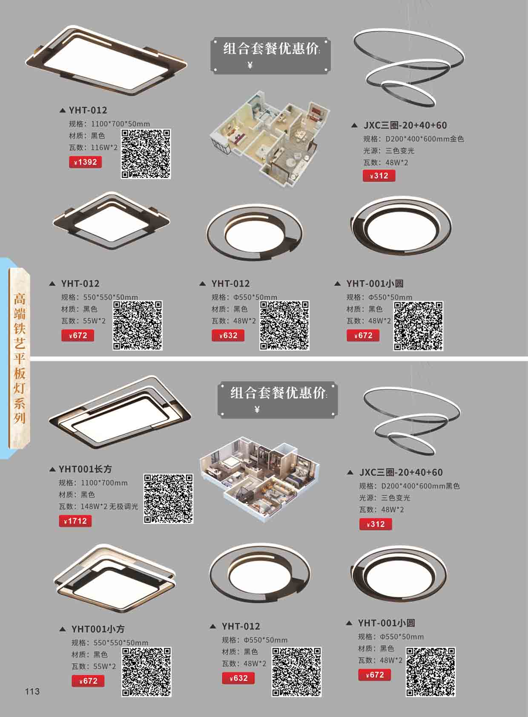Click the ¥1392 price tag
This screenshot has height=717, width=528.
pos(86,162)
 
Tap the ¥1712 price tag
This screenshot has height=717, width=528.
pos(75,521)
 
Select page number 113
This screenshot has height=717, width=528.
pos(32,691)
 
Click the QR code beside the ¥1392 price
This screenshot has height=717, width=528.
pos(146,154)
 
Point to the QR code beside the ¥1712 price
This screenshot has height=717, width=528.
pos(168,499)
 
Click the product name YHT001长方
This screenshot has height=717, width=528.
pos(85,469)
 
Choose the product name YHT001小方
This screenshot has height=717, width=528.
pos(98,629)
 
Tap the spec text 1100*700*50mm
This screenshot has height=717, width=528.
pos(120,124)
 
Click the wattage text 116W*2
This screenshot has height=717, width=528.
pos(104,147)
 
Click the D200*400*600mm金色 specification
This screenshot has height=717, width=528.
pos(425,139)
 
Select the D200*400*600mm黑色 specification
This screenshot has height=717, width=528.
pos(420,486)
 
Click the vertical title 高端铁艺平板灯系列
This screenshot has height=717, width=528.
pos(20,358)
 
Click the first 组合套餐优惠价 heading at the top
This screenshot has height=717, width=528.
pos(270,49)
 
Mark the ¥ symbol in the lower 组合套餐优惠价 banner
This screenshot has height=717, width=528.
pos(257,409)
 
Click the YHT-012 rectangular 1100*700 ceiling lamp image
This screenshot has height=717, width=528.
pos(106,61)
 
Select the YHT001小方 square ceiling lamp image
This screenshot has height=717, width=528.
pos(115,579)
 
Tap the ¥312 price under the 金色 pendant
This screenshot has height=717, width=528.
pos(379,176)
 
